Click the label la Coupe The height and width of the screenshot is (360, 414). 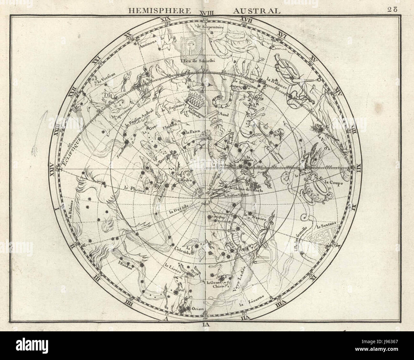click(331, 183)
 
